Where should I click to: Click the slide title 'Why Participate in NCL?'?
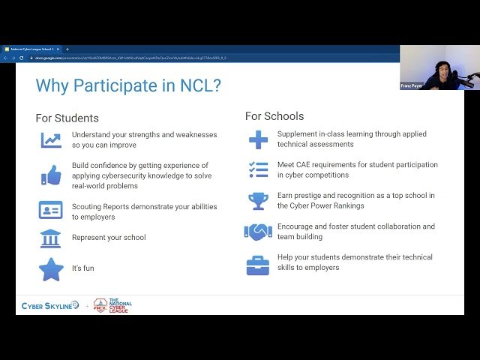128,85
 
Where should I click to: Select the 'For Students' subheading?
67,118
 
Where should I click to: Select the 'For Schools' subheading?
274,116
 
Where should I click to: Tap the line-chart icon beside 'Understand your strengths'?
51,139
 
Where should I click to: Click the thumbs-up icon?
51,175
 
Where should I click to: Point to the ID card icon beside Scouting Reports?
51,210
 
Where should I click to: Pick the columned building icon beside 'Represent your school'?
51,238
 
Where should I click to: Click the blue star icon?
51,268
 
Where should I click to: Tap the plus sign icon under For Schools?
258,139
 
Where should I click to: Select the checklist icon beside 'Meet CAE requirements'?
258,169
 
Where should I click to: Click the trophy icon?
258,200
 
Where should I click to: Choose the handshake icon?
258,232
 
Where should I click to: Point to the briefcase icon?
258,263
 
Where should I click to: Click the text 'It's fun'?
83,268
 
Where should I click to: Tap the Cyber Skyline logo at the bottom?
49,306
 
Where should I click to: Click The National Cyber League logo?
112,306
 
